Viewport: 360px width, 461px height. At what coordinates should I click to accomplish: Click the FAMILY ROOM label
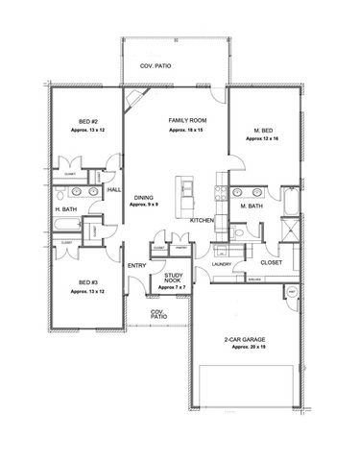[x=182, y=119]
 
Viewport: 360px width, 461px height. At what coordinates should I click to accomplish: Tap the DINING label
[x=144, y=196]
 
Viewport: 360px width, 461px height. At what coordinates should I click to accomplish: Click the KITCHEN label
[x=202, y=221]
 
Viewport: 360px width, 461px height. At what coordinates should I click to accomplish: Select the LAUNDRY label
[x=223, y=258]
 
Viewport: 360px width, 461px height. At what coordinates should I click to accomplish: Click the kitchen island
[x=179, y=198]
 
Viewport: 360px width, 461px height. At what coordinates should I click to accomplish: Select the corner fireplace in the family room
[x=137, y=100]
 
